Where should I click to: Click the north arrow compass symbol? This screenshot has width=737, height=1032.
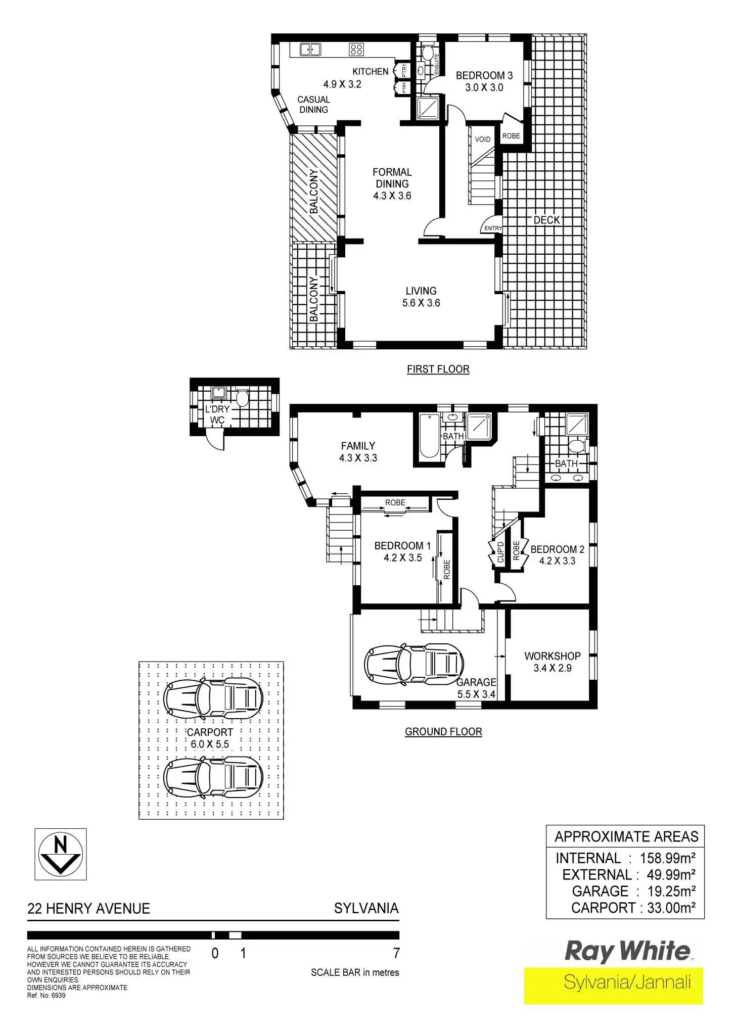60,854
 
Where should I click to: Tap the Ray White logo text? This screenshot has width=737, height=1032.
627,952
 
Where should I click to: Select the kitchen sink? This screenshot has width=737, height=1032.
310,49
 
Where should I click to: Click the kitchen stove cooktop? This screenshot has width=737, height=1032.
356,49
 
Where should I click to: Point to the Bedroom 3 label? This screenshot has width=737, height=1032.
484,75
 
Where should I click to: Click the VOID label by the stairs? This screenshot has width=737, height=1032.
482,139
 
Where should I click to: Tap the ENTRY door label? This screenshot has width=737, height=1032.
493,228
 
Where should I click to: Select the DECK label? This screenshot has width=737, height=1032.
546,220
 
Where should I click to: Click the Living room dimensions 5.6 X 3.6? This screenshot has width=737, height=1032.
421,303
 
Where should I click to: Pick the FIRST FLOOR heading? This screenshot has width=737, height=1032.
438,369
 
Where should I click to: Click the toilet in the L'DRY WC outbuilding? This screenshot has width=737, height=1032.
242,398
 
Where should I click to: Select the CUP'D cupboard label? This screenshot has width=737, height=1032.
500,552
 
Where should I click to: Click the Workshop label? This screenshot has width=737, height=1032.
552,656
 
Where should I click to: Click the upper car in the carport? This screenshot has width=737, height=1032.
213,698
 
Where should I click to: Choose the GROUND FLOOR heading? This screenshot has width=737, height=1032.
443,731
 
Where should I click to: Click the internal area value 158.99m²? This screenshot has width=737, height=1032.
667,858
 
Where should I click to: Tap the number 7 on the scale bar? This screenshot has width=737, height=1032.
396,953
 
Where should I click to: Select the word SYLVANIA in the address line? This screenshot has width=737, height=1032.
366,908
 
